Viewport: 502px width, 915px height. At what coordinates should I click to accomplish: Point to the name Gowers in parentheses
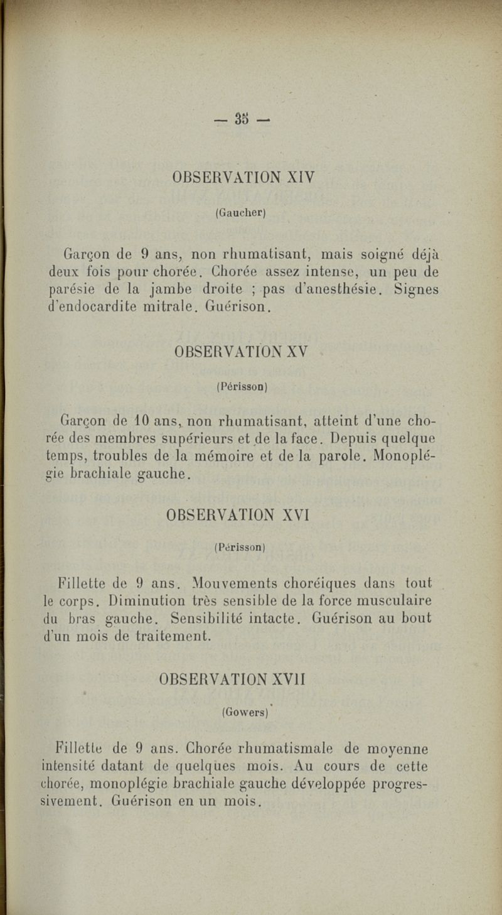(x=245, y=713)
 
